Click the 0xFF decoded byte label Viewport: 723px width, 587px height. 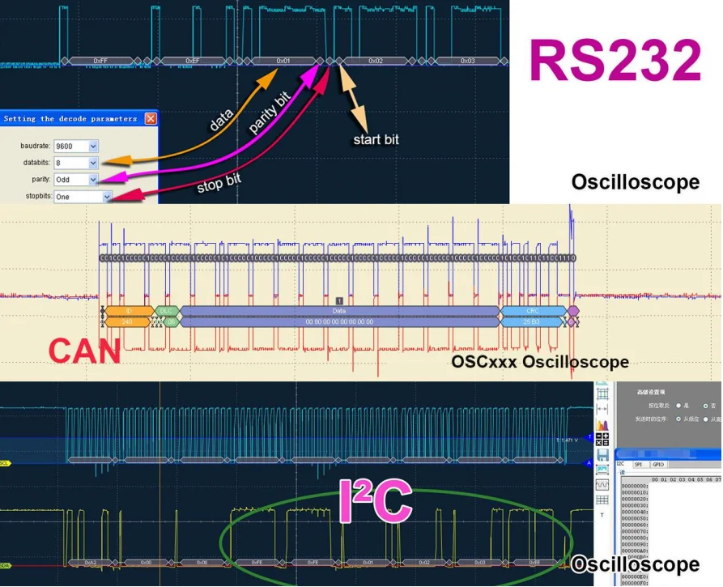[100, 61]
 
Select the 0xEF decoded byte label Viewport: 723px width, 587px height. [192, 61]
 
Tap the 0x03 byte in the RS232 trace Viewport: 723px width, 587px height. [467, 61]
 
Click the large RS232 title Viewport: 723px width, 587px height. [615, 60]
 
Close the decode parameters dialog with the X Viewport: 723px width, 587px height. [151, 118]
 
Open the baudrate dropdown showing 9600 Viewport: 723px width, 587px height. [76, 146]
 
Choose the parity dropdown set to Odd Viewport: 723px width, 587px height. [76, 179]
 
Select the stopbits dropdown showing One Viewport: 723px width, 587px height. [83, 196]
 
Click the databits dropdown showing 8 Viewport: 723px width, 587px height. [76, 163]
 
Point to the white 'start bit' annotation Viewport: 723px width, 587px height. [376, 139]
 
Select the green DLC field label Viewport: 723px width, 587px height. [166, 311]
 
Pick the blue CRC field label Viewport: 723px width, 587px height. [532, 311]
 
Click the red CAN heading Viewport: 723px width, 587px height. [84, 351]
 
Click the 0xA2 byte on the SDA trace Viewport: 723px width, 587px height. [90, 562]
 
